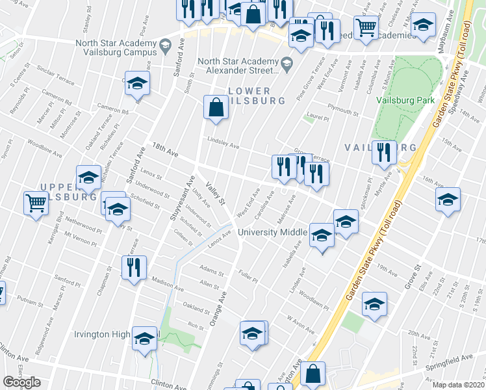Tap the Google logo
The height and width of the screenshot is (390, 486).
21,382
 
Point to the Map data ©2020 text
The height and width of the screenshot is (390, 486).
458,385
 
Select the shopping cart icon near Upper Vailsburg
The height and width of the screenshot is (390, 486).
36,202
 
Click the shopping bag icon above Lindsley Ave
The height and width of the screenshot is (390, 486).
215,107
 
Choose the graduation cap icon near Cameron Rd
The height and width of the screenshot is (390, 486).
137,83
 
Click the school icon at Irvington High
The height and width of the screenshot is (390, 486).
144,339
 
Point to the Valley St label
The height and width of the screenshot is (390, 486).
215,193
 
